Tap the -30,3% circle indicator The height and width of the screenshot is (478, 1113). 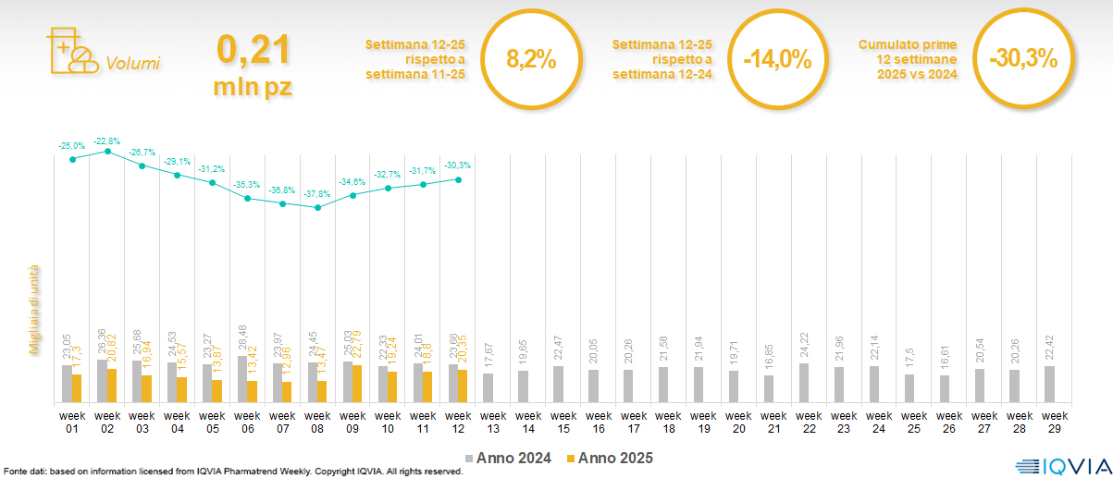(1022, 59)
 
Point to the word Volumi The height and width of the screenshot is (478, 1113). (132, 64)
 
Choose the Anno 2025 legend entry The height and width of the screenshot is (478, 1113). (610, 458)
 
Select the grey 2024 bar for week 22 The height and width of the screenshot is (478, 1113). (802, 384)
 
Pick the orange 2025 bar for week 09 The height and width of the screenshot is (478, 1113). (357, 385)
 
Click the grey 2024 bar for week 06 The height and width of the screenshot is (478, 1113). (242, 380)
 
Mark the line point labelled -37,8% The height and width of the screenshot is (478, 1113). (317, 207)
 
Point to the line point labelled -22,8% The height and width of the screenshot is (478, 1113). (108, 152)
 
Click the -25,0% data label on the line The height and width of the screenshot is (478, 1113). (72, 146)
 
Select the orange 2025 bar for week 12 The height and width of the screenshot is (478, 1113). (463, 386)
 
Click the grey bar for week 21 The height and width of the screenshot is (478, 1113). (767, 389)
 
